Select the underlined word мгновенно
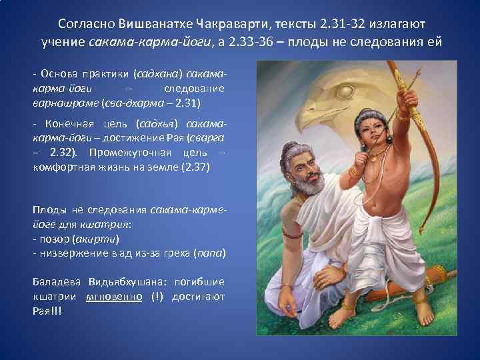[113, 296]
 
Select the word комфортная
[61, 167]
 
